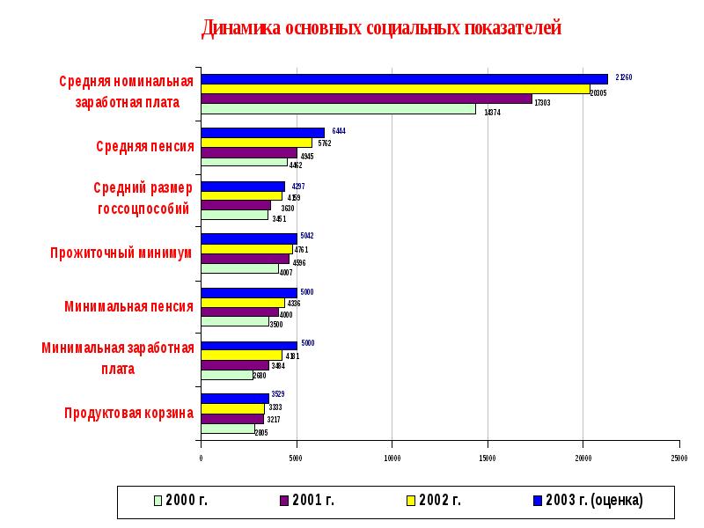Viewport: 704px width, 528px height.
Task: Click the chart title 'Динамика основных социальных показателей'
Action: (x=381, y=28)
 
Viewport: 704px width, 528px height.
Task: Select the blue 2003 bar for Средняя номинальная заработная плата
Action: (x=404, y=78)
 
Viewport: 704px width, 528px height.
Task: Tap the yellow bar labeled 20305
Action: (x=395, y=89)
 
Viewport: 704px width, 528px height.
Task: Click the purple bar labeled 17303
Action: (x=366, y=99)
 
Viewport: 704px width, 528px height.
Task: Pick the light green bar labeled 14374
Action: (x=338, y=109)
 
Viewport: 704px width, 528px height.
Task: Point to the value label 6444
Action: (x=339, y=131)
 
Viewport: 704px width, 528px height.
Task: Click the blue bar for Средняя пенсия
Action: (x=262, y=132)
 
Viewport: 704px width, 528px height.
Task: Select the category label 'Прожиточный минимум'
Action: (x=121, y=253)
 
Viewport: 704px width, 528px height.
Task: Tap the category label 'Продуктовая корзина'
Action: (x=128, y=412)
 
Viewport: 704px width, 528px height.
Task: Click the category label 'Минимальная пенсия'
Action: (x=128, y=306)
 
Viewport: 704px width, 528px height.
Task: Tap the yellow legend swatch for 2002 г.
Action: (x=410, y=501)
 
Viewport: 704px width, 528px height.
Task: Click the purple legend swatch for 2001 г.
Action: (x=284, y=501)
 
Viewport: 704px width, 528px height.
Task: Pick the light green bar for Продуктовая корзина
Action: (x=227, y=429)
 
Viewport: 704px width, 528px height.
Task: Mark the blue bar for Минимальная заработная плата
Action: (x=248, y=345)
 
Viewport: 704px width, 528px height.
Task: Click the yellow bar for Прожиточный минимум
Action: (x=246, y=249)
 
